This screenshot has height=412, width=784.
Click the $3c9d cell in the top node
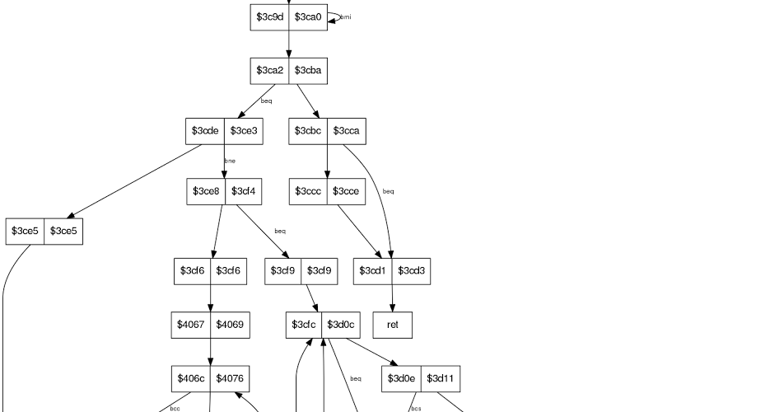pos(269,17)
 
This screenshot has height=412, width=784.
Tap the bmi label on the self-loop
pos(346,17)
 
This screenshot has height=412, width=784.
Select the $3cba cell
pos(308,71)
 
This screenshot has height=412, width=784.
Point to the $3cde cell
pos(205,131)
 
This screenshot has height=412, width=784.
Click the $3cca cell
pos(346,131)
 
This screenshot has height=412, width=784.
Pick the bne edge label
pos(230,161)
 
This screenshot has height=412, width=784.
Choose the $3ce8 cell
pos(206,191)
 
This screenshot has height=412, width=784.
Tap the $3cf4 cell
pos(244,191)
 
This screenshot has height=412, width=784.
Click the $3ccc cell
pos(308,191)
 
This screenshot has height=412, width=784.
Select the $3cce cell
pos(346,191)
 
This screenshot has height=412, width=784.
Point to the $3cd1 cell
pos(373,271)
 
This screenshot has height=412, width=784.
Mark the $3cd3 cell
pos(411,271)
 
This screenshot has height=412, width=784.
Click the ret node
pos(392,325)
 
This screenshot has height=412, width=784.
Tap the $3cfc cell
pos(304,325)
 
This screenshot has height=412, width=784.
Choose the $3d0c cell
pos(342,325)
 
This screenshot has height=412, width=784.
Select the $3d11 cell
pos(441,378)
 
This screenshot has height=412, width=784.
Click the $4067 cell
pos(191,325)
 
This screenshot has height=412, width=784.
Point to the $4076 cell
pos(229,378)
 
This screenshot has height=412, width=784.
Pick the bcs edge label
pos(416,408)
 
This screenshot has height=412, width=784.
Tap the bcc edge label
pos(175,408)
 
